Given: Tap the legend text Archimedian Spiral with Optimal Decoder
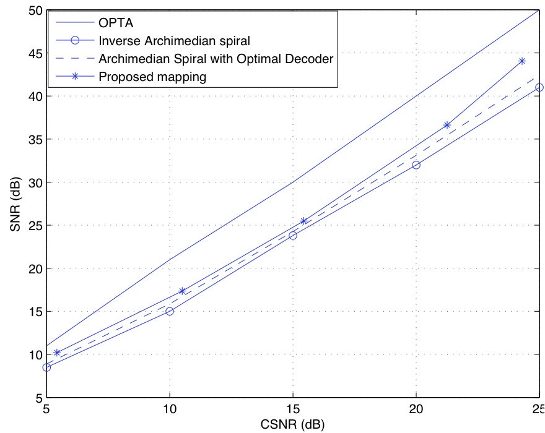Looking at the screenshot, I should coord(216,59).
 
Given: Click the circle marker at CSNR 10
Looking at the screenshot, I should coord(170,311).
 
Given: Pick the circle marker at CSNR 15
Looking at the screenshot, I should coord(293,235).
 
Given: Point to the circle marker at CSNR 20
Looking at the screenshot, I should coord(416,165).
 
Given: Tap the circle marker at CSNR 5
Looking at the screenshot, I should coord(46,367).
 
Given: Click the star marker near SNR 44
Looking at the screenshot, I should coord(522,61).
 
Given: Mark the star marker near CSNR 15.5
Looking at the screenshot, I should coord(304,221).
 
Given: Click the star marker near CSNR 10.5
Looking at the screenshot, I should coord(182,291).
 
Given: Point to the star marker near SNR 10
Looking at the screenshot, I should coord(57,353).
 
